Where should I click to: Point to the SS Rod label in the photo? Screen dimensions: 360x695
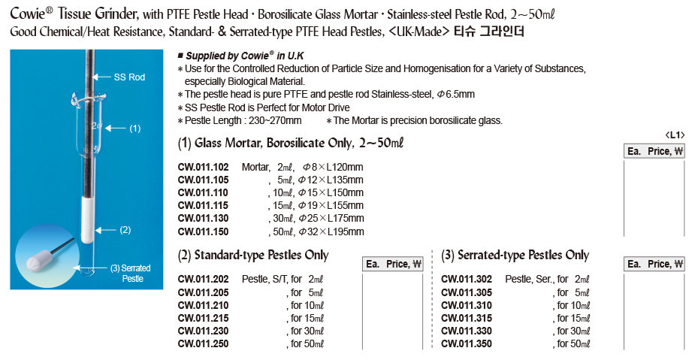tap(129, 77)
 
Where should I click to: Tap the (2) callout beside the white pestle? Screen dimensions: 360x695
tap(125, 229)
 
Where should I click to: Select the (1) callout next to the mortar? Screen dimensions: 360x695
tap(135, 129)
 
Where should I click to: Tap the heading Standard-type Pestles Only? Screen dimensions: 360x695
tap(253, 256)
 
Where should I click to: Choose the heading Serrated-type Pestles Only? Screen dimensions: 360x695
tap(515, 256)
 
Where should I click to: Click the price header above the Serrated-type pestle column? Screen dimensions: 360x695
tap(656, 264)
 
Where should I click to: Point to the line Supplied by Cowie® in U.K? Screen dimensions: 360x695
tap(245, 56)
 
